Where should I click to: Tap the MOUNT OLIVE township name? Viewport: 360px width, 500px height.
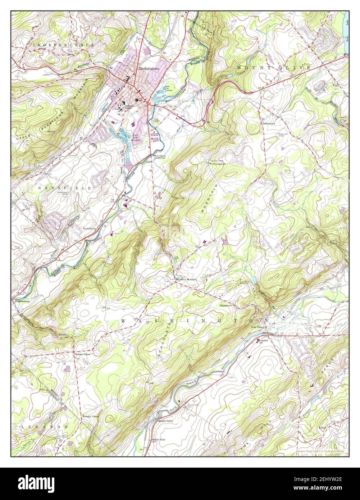[x=273, y=68]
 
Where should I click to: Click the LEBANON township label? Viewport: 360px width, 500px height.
[x=41, y=426]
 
